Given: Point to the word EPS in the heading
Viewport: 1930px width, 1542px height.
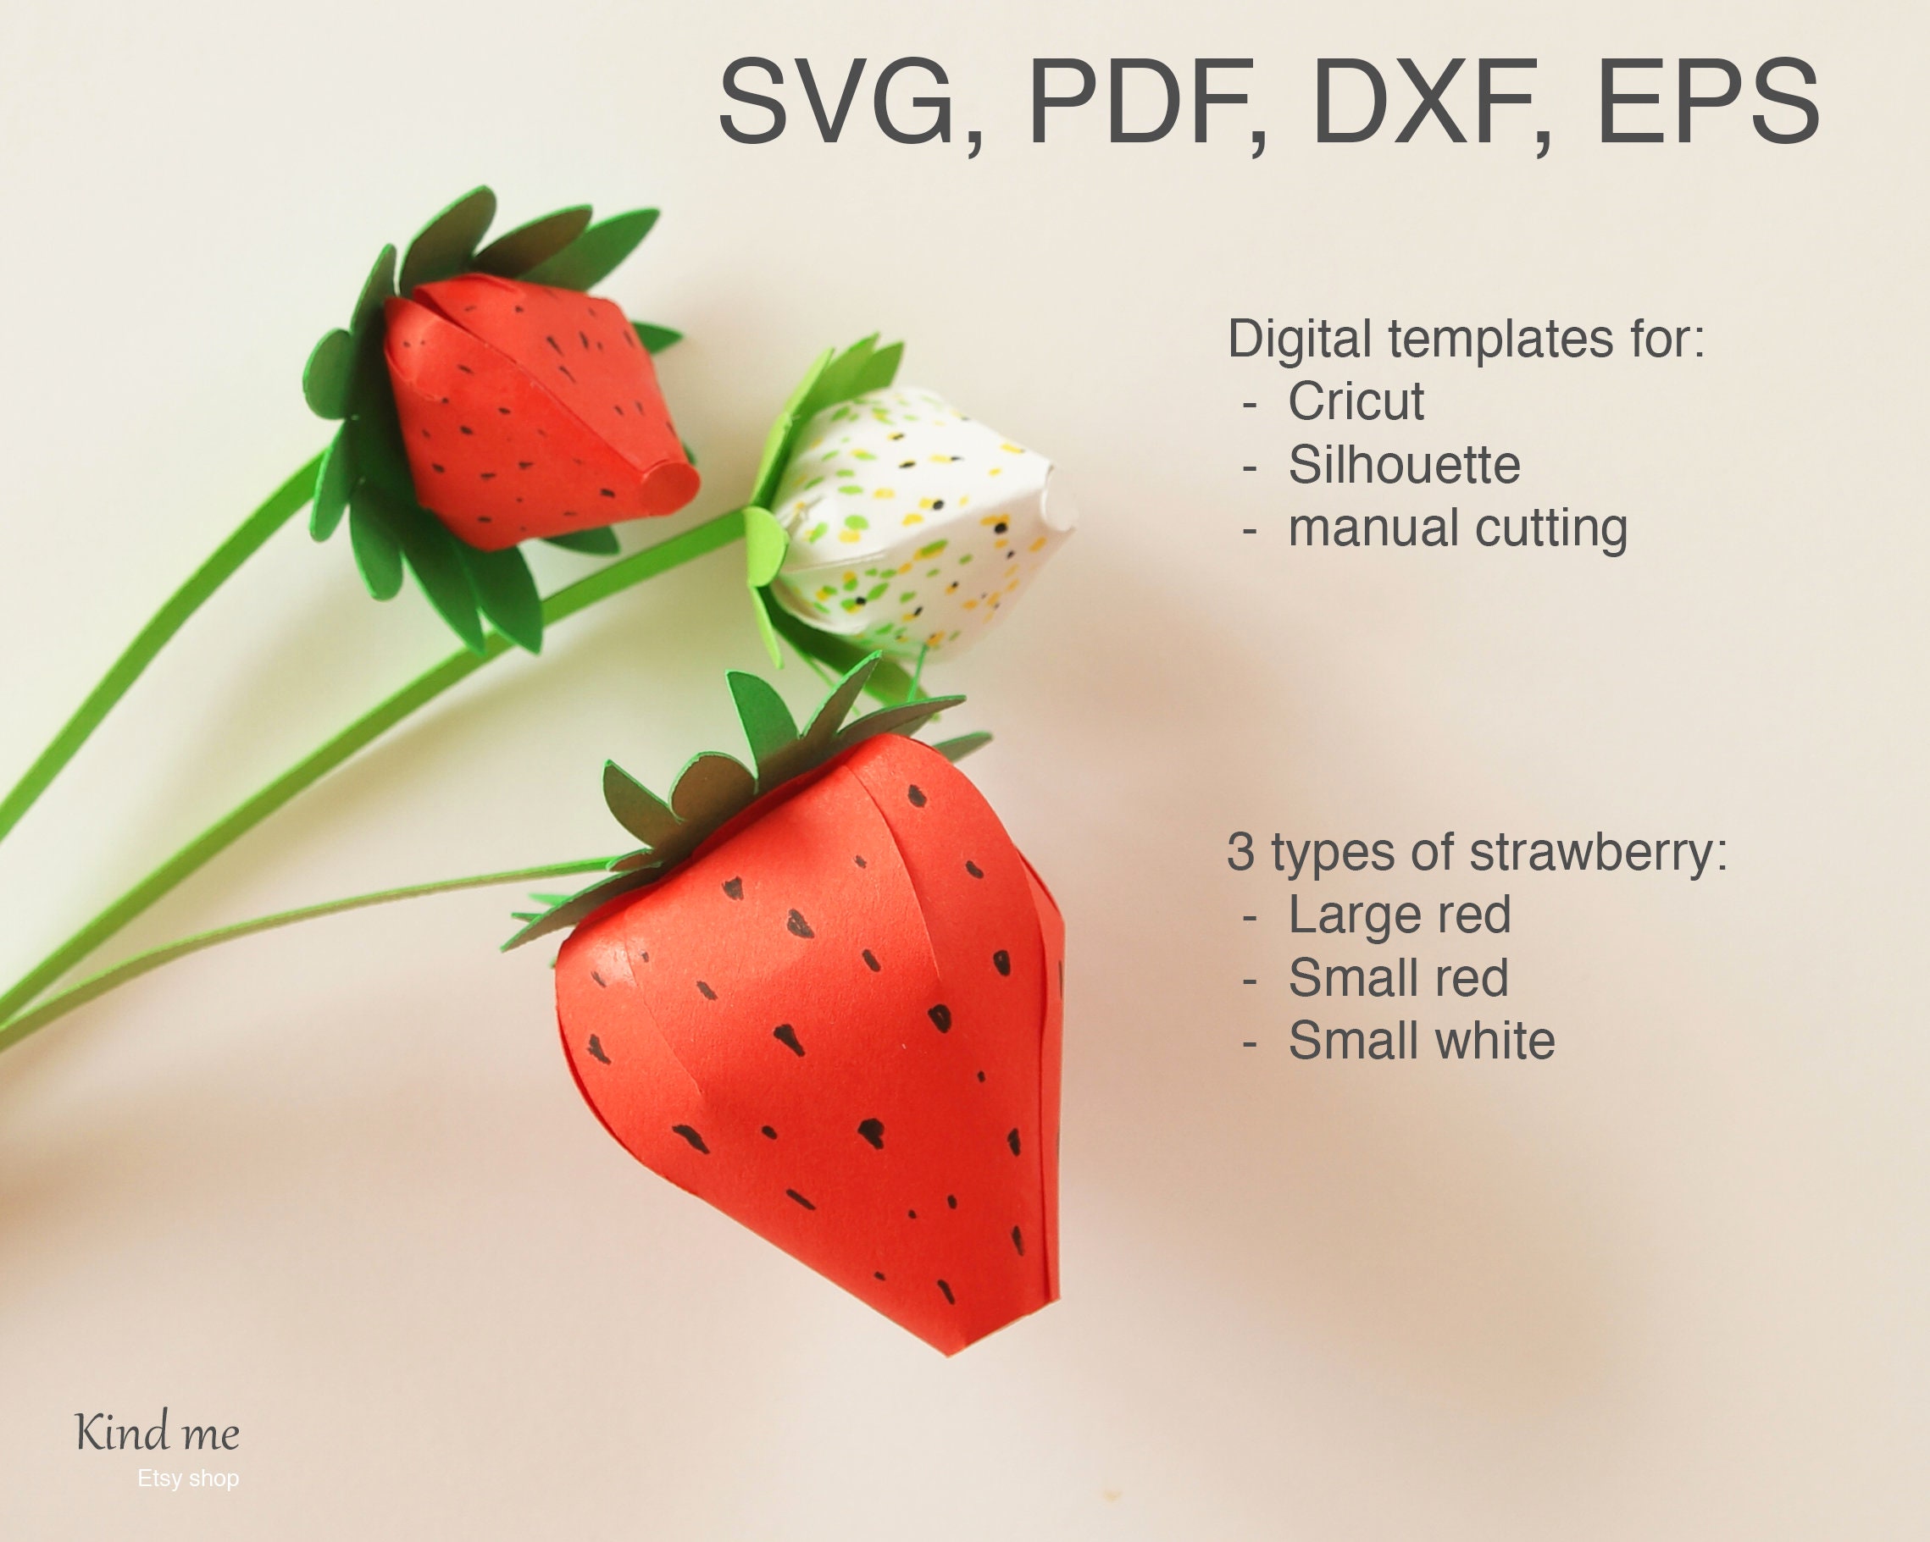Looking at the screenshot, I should tap(1707, 100).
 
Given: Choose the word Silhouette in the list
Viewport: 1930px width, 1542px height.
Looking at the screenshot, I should tap(1404, 465).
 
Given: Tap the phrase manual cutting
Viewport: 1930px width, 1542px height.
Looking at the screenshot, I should tap(1457, 528).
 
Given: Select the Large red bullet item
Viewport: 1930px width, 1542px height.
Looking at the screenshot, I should tap(1399, 915).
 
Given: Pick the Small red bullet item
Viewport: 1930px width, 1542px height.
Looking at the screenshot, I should tap(1398, 977).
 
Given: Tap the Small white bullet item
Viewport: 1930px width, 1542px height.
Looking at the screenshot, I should tap(1422, 1041).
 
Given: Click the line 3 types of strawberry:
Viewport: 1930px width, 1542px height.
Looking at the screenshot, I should tap(1476, 851).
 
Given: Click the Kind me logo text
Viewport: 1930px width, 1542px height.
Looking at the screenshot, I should tap(158, 1432).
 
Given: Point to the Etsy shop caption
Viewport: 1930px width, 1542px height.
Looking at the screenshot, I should tap(188, 1478).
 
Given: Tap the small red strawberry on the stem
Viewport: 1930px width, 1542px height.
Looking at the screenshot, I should tap(528, 412).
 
